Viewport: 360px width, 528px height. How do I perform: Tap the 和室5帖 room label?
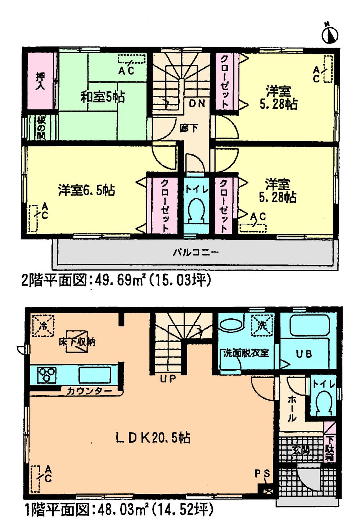coord(102,97)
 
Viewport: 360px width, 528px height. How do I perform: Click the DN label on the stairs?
coord(197,103)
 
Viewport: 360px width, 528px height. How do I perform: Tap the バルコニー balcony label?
coord(195,252)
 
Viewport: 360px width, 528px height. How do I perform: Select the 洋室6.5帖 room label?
coord(86,190)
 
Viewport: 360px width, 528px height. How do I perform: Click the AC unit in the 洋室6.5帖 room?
coord(33,218)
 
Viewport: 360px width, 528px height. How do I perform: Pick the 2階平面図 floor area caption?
coord(116,280)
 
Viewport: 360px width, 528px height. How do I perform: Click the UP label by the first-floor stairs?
coord(168,379)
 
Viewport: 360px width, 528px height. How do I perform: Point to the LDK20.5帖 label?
coord(153,438)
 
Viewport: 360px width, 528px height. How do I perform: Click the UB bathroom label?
coord(304,354)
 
